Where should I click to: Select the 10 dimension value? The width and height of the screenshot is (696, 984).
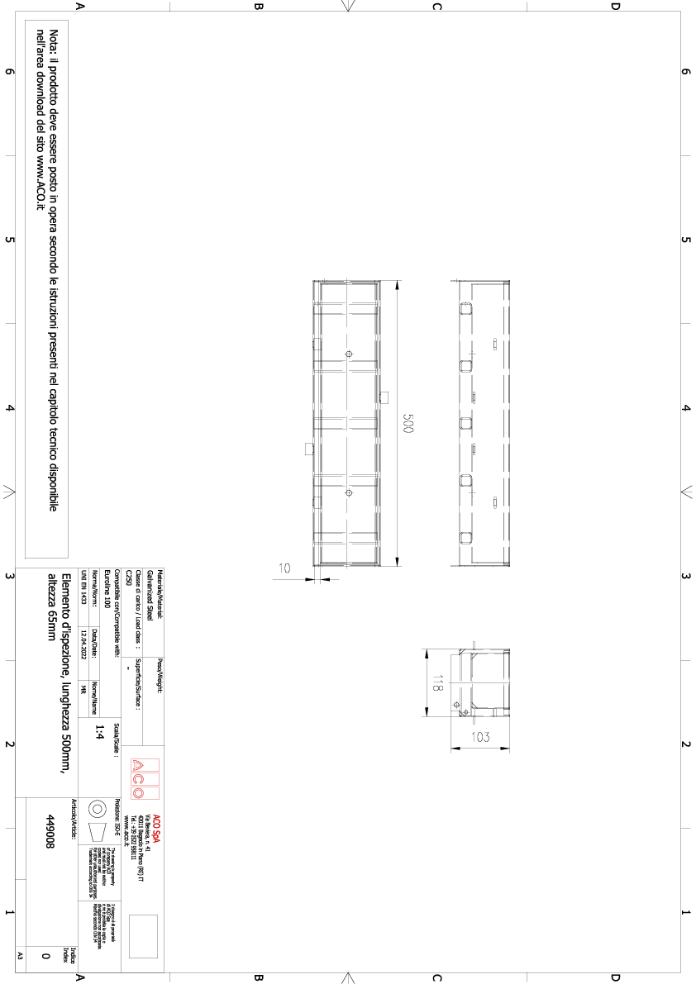[x=284, y=568]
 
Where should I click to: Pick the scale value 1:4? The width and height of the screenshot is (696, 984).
[x=100, y=730]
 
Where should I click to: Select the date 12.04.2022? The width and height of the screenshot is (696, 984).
[x=83, y=651]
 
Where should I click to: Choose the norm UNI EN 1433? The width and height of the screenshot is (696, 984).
[x=83, y=585]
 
